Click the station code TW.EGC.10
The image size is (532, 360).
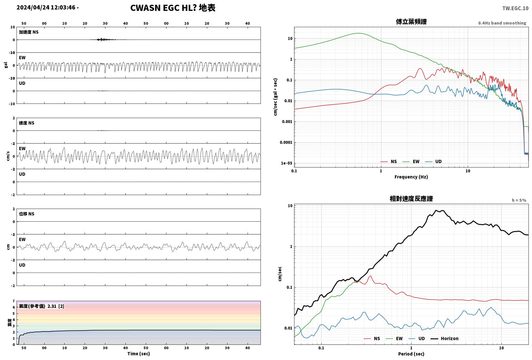515,8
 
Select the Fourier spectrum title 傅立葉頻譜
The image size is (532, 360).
411,22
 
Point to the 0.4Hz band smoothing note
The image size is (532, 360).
502,23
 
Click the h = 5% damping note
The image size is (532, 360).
519,200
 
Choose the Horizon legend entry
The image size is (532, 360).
445,338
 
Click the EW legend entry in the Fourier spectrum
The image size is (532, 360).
411,161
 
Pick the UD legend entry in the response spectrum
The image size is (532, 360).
417,338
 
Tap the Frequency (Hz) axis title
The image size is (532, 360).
411,177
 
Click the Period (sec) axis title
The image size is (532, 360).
411,354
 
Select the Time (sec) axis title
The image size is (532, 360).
138,354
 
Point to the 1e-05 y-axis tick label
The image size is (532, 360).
286,163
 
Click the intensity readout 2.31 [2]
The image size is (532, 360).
56,306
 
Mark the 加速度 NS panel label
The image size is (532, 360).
28,32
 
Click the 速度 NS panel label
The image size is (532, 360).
27,123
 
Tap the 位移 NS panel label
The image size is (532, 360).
27,214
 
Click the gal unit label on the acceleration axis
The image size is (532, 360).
6,65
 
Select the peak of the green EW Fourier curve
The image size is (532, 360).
359,33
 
